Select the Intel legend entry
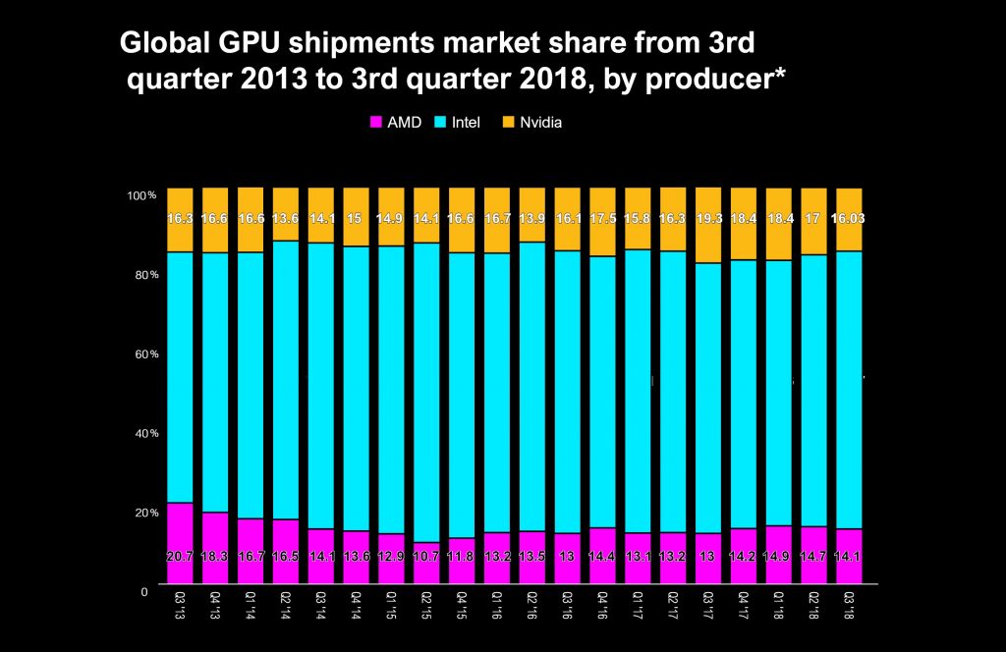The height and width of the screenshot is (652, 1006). (457, 123)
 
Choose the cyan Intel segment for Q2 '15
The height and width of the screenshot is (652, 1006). (426, 393)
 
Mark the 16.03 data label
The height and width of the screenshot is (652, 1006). (849, 218)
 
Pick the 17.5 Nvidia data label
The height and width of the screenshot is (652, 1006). (602, 218)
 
